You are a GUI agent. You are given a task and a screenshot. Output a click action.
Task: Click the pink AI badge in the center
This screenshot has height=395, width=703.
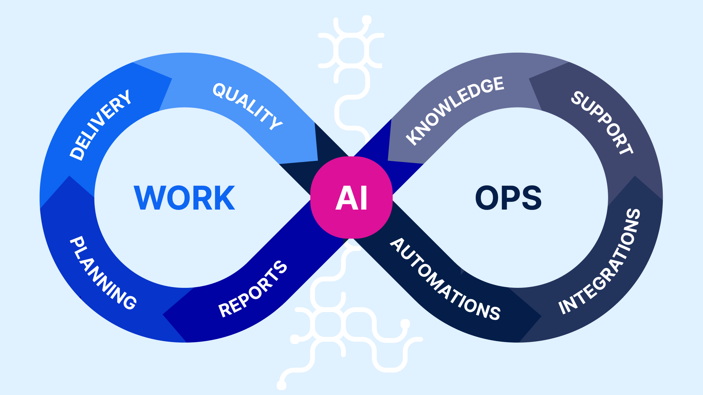351,197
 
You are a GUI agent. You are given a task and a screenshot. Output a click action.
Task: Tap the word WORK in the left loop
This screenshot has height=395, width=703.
185,198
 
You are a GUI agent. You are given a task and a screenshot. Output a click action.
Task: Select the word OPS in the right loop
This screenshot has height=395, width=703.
508,198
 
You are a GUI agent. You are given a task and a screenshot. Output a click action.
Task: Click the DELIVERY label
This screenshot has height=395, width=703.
100,125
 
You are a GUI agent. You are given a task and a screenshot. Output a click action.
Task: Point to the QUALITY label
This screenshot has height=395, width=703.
248,106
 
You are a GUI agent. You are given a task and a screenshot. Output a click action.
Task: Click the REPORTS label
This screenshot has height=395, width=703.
253,289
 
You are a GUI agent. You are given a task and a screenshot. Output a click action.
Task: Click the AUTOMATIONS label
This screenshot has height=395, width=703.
445,279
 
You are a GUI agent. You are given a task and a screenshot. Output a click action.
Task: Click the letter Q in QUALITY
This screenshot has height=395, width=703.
220,90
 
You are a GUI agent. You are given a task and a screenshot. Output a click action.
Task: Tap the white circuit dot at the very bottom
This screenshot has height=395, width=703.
282,385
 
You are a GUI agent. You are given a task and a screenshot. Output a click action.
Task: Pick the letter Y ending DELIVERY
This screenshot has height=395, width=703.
124,97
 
